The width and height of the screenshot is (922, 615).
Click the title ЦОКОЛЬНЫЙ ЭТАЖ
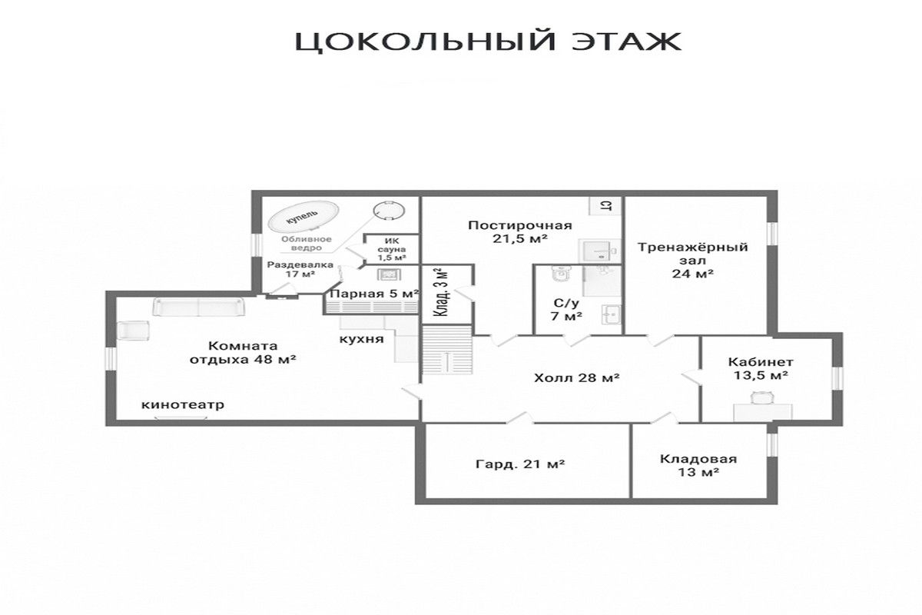(x=488, y=42)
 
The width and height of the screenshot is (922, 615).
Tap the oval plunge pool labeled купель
(x=303, y=217)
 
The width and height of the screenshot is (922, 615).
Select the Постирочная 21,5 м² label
(x=520, y=232)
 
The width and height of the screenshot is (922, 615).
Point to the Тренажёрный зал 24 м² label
(x=693, y=261)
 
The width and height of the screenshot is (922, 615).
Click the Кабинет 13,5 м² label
(x=761, y=369)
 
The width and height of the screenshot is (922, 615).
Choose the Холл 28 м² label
(x=577, y=377)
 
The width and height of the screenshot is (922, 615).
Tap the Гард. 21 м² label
(x=520, y=464)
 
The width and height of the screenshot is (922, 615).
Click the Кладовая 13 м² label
(x=698, y=465)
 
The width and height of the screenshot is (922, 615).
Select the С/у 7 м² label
(x=566, y=310)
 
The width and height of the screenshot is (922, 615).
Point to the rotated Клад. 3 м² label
(x=442, y=291)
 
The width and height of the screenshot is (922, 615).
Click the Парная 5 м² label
(x=375, y=294)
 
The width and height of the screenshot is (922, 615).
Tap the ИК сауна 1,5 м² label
(x=392, y=250)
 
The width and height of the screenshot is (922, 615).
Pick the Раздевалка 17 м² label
(x=300, y=269)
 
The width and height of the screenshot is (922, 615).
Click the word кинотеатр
(x=183, y=405)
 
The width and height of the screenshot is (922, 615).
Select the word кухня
(x=361, y=340)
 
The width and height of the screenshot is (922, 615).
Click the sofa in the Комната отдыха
(x=199, y=307)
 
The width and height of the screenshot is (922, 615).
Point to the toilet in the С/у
(x=562, y=274)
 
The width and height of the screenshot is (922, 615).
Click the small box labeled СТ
(x=605, y=205)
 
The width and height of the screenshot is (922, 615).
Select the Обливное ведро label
(x=307, y=244)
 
